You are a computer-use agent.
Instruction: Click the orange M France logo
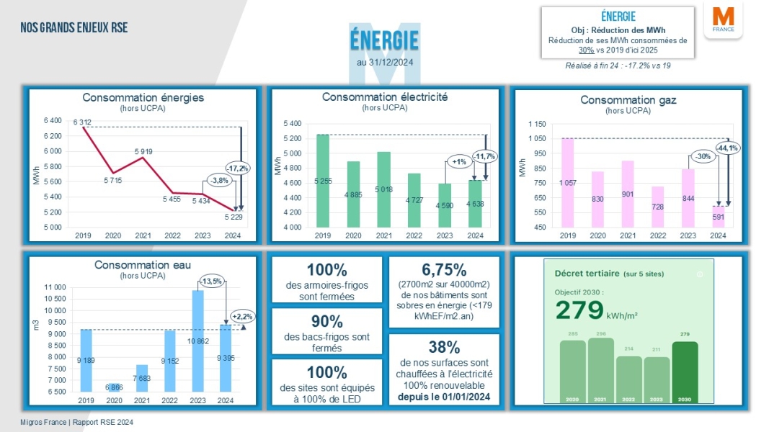[723, 22]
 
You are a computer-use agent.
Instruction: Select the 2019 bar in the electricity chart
[323, 180]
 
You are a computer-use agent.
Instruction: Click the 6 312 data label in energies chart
[82, 122]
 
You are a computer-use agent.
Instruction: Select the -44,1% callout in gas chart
[726, 148]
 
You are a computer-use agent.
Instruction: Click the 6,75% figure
[444, 270]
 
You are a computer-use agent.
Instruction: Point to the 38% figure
[444, 347]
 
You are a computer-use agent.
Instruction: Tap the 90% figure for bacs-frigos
[326, 321]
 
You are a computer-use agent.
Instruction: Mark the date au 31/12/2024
[385, 63]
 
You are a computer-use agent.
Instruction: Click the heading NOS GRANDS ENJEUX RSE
[74, 28]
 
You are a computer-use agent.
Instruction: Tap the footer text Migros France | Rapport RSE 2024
[77, 423]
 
